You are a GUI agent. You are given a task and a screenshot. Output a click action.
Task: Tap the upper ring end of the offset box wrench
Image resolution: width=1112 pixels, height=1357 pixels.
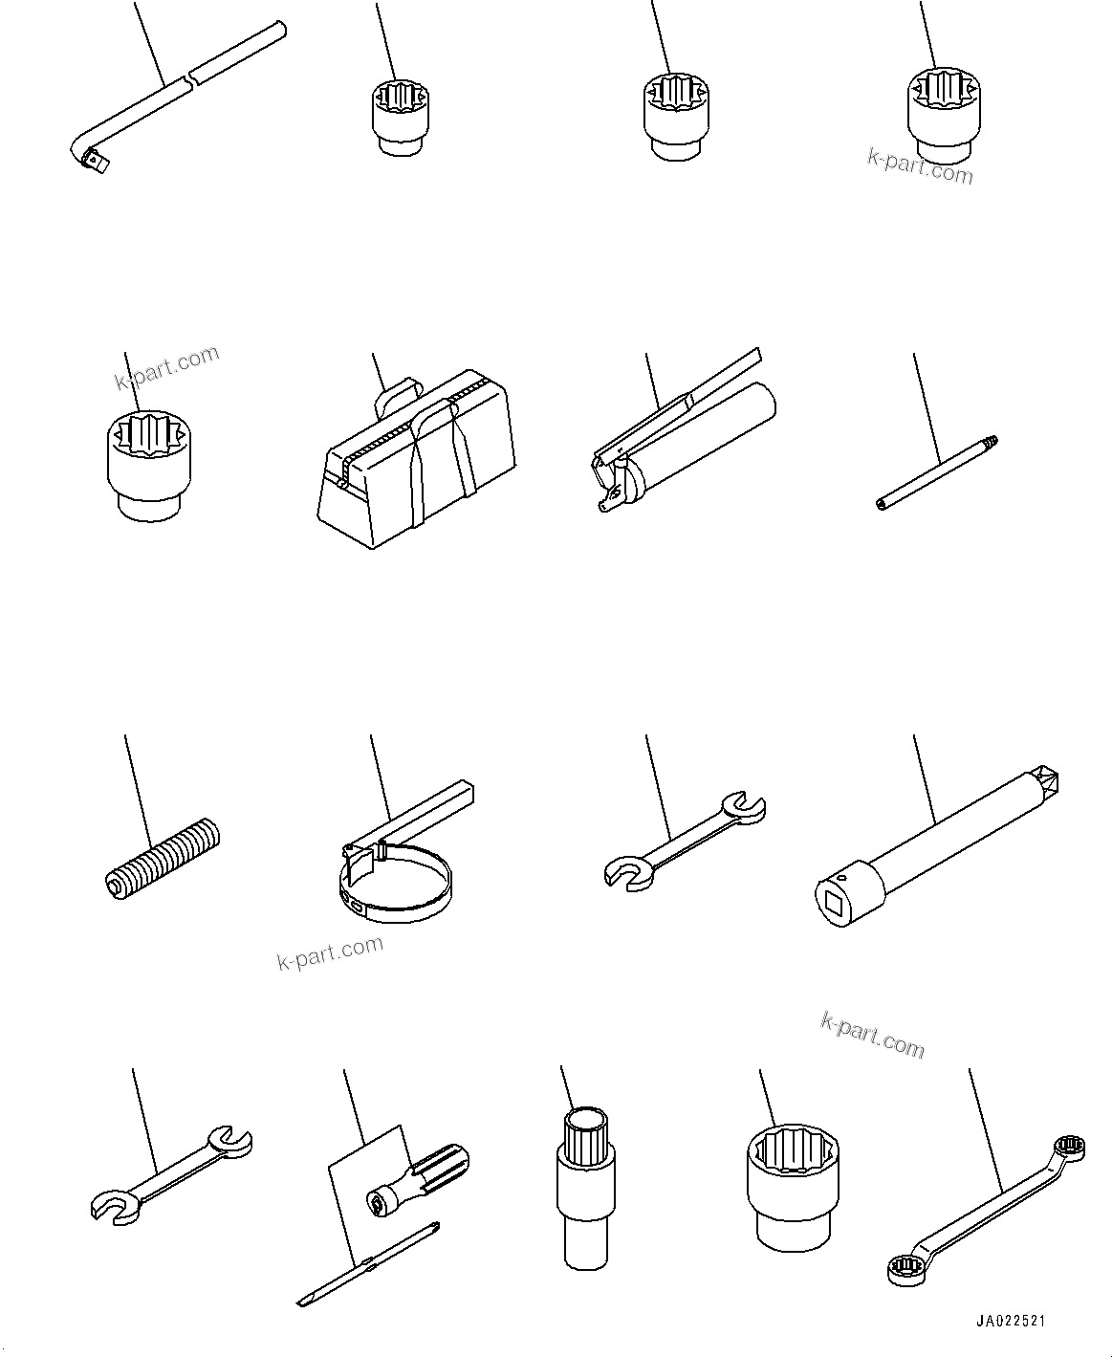[x=1069, y=1148]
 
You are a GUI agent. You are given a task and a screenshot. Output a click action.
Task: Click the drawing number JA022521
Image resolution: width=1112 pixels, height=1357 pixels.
[x=1010, y=1322]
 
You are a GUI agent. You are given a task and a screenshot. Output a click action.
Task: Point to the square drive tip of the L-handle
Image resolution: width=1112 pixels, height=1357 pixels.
[x=98, y=166]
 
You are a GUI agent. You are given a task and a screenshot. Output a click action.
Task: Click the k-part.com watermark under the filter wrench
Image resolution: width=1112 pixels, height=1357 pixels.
[x=330, y=952]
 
